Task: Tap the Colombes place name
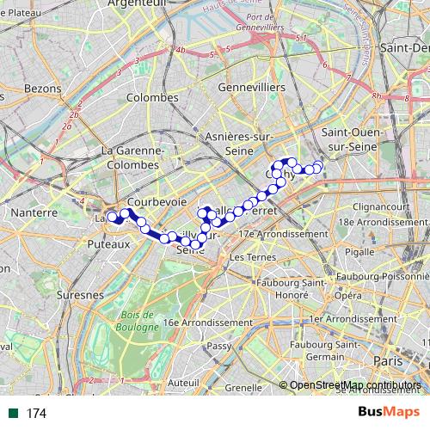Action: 151,97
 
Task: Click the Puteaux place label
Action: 107,244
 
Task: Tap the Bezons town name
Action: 42,88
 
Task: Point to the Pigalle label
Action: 359,252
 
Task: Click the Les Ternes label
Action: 250,257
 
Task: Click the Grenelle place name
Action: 245,387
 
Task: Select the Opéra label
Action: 348,295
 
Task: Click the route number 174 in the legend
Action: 36,414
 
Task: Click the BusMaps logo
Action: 389,413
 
